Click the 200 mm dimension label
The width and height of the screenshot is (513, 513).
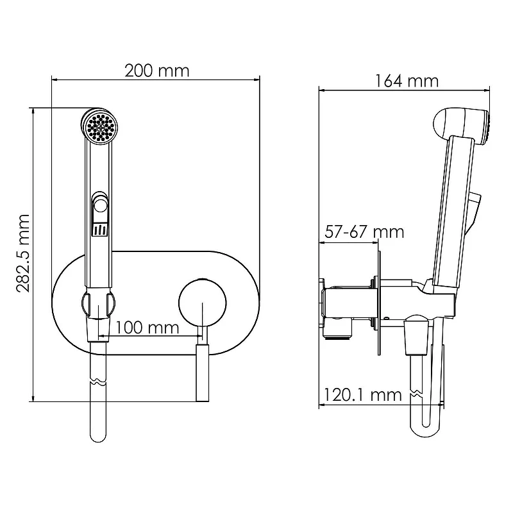[157, 71]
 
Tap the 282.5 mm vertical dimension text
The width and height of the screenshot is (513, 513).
[23, 253]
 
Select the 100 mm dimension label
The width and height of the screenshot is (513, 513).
[147, 327]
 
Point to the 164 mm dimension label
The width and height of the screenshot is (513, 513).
[407, 81]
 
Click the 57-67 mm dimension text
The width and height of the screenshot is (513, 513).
[364, 232]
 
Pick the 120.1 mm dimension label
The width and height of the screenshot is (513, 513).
[362, 394]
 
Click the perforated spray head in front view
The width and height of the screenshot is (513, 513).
[99, 126]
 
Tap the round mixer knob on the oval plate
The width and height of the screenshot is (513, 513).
[203, 303]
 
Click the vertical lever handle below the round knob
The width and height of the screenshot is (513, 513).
[203, 372]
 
